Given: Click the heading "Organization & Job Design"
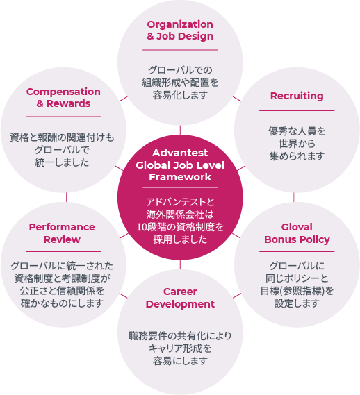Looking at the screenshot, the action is [180, 31].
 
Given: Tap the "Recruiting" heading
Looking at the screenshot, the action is [297, 96].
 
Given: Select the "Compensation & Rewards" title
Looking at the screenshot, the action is [63, 97].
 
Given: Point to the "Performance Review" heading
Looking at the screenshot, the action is [62, 233].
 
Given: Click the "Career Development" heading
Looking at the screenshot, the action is [180, 298].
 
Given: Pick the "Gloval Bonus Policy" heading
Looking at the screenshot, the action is [297, 233].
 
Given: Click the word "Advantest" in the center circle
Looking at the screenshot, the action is [180, 153].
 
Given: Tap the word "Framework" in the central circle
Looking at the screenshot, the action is [180, 177].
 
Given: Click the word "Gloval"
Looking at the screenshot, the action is [297, 227].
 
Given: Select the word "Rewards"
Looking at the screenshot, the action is [68, 103].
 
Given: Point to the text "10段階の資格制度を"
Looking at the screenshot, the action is [180, 227].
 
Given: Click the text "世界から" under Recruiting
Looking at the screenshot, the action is [297, 144].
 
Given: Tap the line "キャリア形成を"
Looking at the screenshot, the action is [180, 348].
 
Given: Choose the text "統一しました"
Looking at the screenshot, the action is [62, 162].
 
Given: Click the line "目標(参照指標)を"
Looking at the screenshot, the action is [297, 291].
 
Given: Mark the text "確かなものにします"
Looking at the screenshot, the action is [62, 303].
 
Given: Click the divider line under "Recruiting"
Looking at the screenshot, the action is [297, 110].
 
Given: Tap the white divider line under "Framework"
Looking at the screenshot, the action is [180, 187].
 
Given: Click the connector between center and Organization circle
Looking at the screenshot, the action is [180, 130].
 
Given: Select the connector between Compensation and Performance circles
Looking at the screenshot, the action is [66, 197].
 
